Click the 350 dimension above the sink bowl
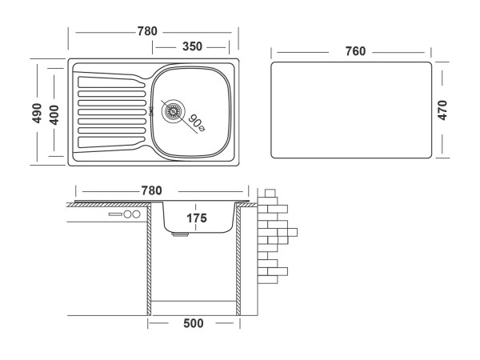point(192,46)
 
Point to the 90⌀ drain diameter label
point(195,122)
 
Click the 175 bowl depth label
point(197,218)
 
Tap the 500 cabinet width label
point(193,323)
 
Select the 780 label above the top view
point(147,31)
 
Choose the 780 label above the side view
point(151,190)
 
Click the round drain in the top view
point(174,111)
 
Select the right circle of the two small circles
point(136,215)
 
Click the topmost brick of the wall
point(270,192)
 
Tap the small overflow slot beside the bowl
point(152,112)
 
